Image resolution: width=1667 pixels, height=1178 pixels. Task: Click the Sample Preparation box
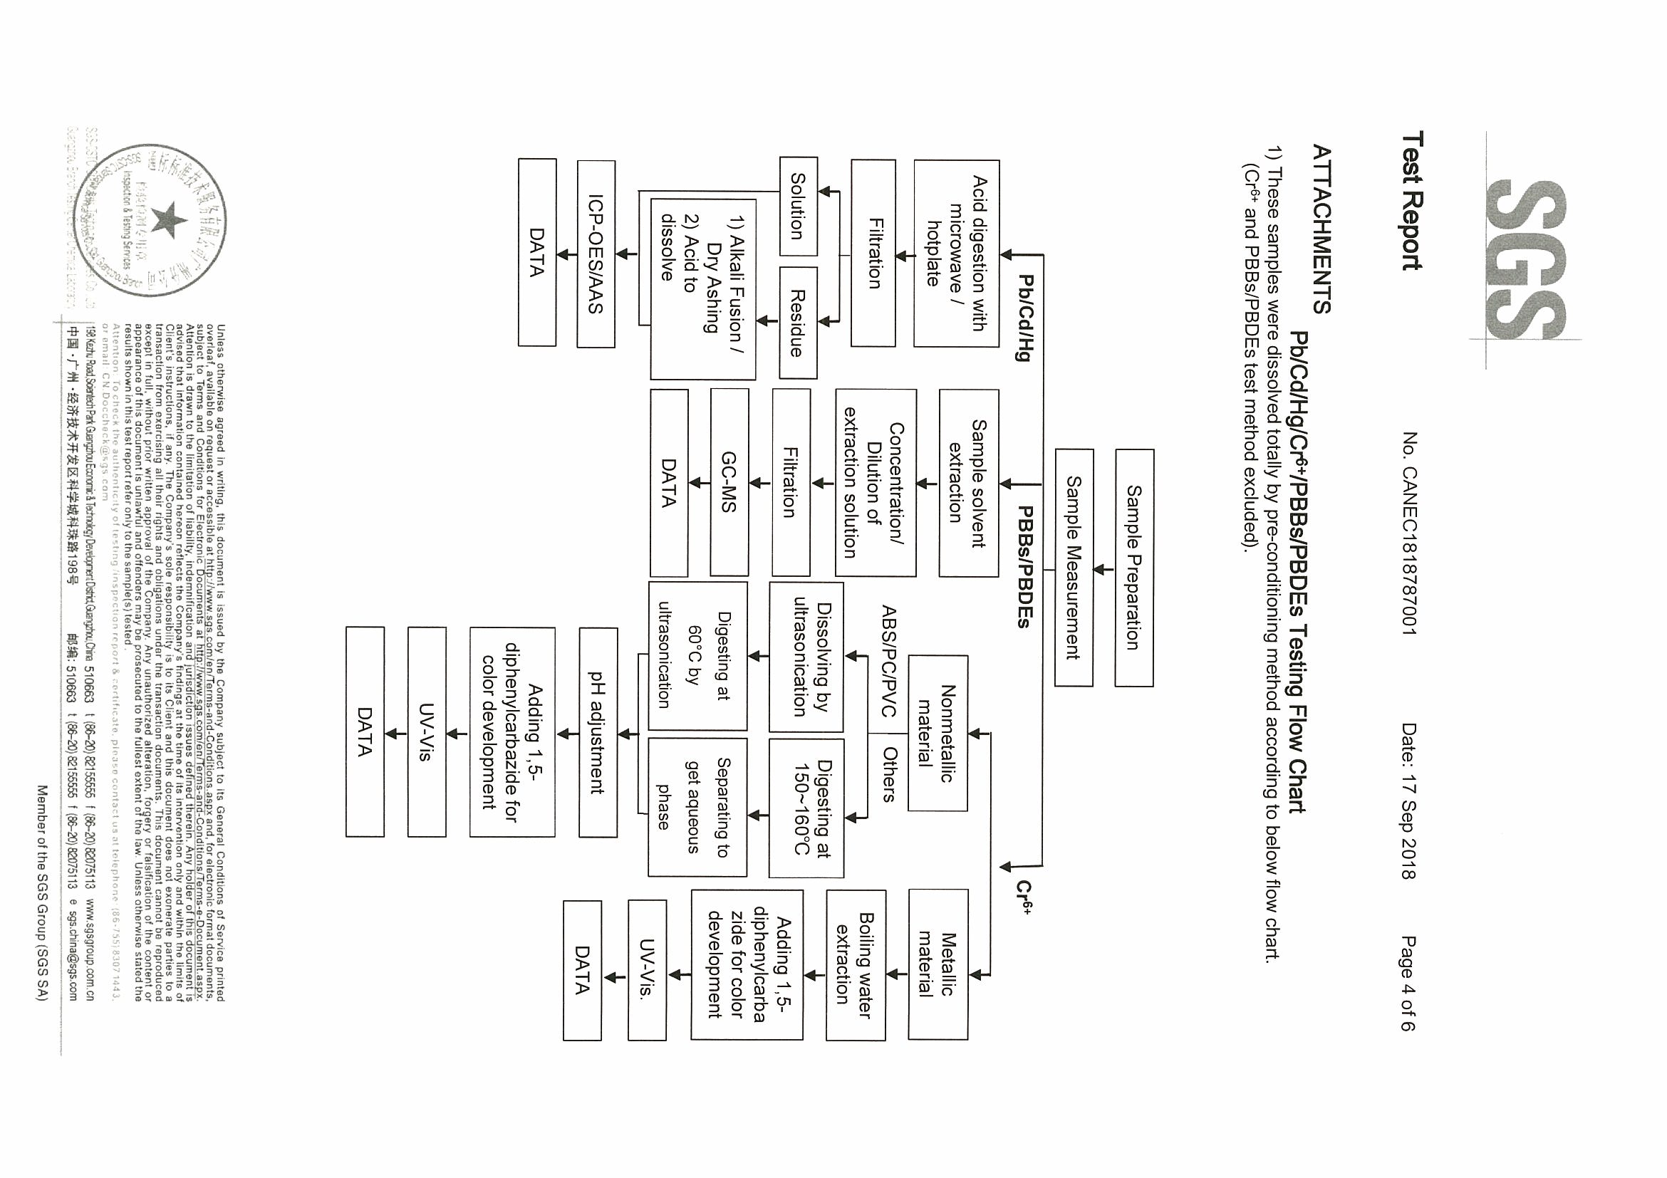1133,568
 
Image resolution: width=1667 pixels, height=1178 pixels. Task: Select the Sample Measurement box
1073,568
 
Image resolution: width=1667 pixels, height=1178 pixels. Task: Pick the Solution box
798,206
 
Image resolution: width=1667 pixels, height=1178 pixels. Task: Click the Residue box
798,323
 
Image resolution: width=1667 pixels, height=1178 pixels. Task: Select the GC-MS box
729,483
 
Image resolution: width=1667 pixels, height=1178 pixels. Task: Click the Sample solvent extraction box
968,483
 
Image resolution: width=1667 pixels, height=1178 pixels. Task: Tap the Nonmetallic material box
937,733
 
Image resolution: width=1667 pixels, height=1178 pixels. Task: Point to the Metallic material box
937,964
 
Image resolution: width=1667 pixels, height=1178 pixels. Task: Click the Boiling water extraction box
856,964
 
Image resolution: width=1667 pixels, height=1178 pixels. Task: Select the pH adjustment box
598,733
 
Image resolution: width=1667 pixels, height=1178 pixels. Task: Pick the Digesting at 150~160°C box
805,808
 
